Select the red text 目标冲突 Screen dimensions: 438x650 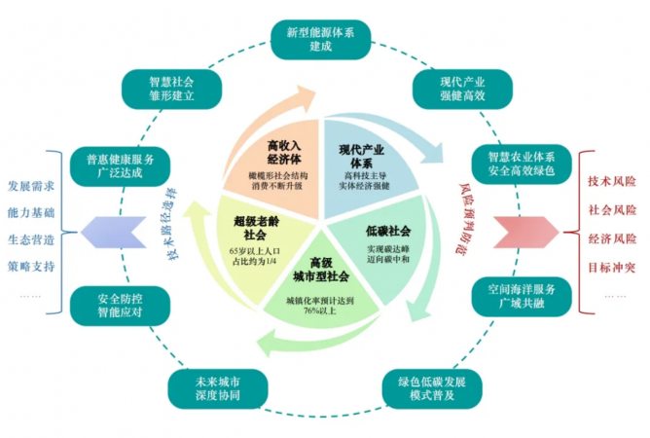click(x=612, y=266)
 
